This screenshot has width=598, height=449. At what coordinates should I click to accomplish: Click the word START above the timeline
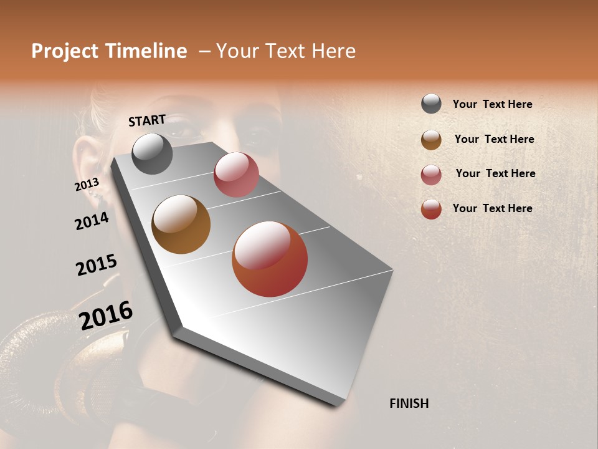pos(147,120)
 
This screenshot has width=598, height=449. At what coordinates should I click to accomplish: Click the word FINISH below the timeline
pos(409,403)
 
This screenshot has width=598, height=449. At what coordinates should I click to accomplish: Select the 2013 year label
pos(87,185)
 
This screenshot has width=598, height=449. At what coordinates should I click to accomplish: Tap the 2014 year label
pos(92,221)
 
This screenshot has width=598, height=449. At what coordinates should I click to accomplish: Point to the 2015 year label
pos(97,265)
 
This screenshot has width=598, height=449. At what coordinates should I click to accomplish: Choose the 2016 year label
pos(106,315)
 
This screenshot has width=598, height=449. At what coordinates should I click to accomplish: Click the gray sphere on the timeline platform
pos(152,153)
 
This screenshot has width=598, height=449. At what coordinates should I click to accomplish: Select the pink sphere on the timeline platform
pos(236,175)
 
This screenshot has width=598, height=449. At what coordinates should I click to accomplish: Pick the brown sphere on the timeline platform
pos(181,224)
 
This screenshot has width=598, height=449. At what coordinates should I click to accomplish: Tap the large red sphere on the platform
pos(269,259)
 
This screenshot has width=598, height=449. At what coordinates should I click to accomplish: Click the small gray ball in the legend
pos(431,104)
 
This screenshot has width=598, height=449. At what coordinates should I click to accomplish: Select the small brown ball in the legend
pos(431,140)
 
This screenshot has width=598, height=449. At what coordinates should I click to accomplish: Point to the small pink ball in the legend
pos(431,175)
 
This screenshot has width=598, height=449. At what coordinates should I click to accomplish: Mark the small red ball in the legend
pos(431,209)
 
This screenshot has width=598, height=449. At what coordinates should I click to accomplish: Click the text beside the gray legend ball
pos(492,104)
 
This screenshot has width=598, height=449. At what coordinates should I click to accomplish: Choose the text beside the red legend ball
pos(492,208)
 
